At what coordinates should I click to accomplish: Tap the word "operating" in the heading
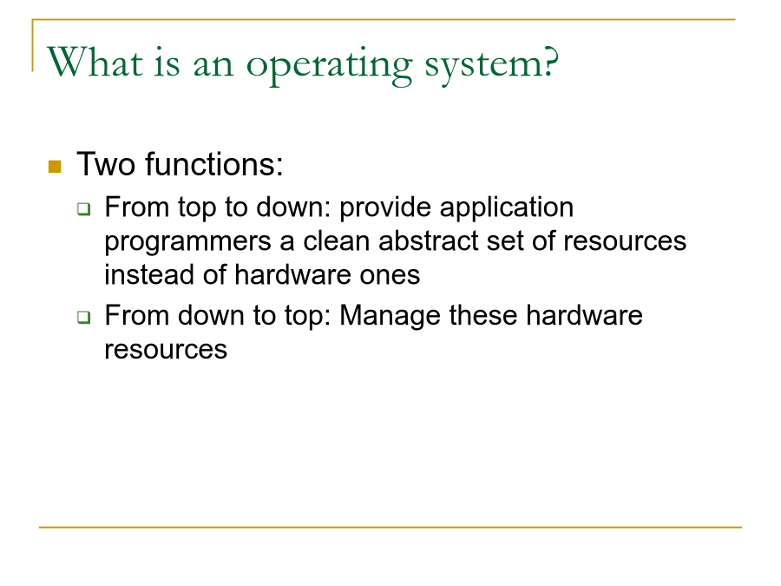tap(329, 66)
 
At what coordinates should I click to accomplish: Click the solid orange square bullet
tap(55, 167)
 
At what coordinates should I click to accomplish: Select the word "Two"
tap(106, 164)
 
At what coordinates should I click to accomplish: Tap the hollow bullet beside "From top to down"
tap(84, 208)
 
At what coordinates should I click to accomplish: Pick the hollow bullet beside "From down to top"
tap(84, 317)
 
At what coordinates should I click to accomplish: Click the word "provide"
tap(385, 207)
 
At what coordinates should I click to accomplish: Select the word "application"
tap(507, 207)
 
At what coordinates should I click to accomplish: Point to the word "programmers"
tap(187, 243)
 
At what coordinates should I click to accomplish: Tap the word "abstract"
tap(428, 241)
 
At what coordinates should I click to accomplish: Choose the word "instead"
tap(149, 275)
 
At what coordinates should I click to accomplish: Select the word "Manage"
tap(390, 317)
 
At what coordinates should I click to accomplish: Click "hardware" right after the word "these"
tap(584, 316)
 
